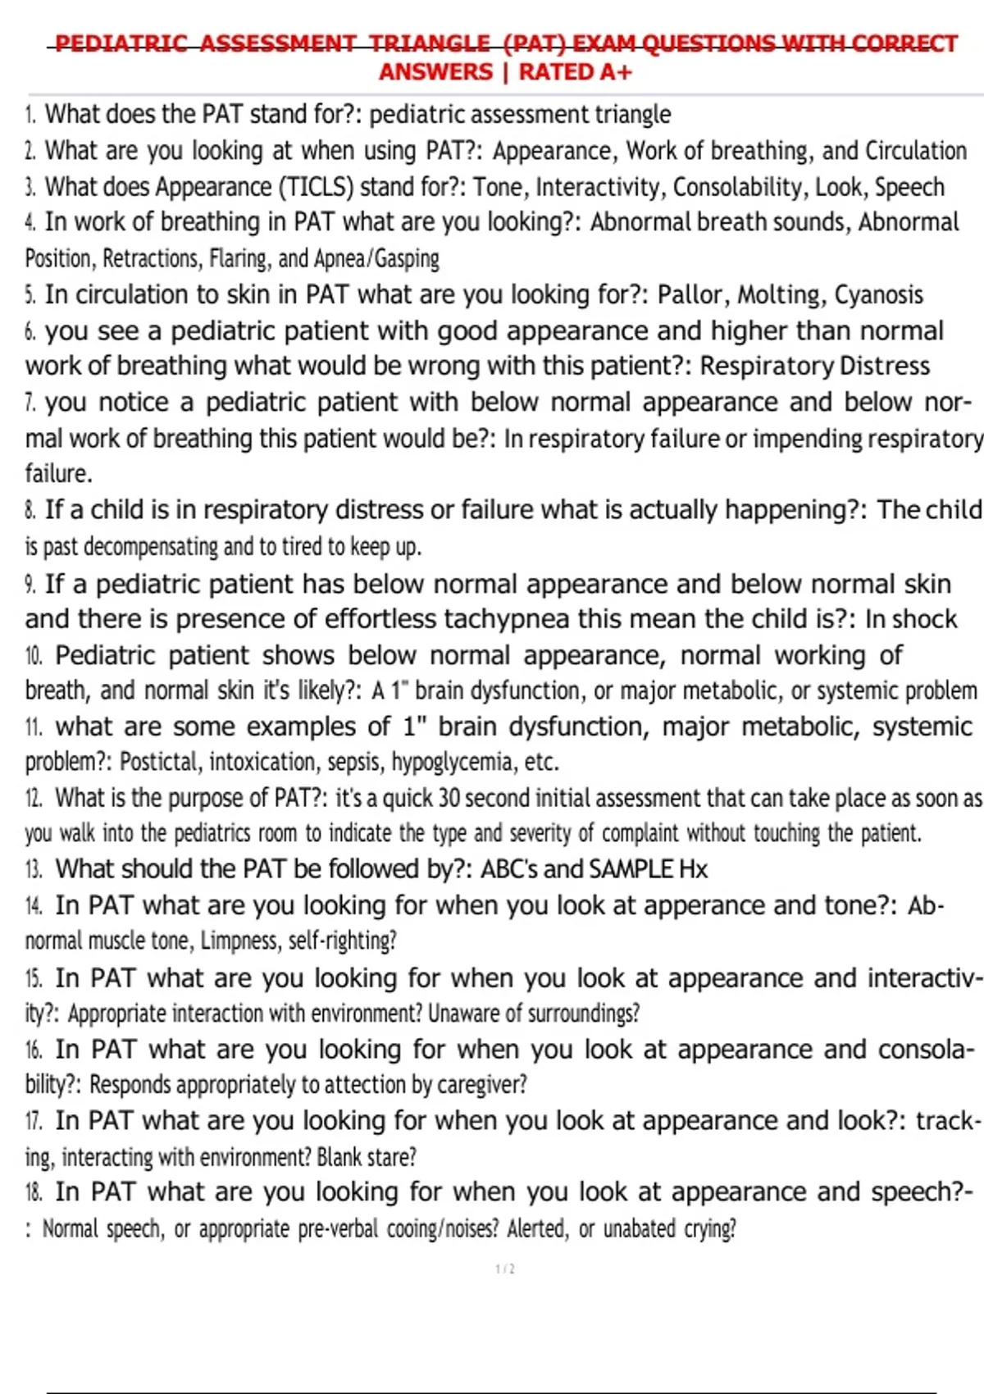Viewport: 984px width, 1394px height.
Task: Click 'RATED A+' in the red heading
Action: click(x=576, y=72)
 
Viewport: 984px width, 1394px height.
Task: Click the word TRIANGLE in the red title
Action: click(x=429, y=43)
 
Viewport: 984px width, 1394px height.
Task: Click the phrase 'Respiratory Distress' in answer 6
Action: click(x=814, y=366)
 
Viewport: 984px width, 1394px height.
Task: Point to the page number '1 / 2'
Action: click(x=505, y=1269)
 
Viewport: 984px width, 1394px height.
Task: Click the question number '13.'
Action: click(x=34, y=869)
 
